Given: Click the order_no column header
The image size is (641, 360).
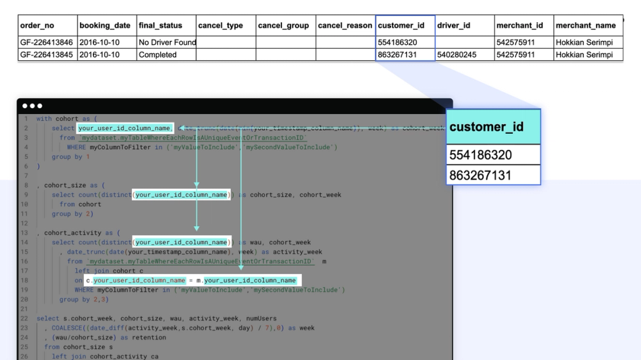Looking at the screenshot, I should pyautogui.click(x=37, y=26).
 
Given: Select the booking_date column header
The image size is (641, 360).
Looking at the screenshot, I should pyautogui.click(x=104, y=26).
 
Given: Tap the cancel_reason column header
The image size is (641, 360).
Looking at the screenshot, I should pyautogui.click(x=345, y=26).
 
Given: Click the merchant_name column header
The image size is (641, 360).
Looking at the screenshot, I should pyautogui.click(x=585, y=26).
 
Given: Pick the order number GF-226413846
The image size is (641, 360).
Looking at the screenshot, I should pyautogui.click(x=46, y=42).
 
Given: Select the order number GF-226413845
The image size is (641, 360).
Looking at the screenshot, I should pyautogui.click(x=46, y=54).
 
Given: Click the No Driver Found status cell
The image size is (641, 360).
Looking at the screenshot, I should pyautogui.click(x=167, y=42).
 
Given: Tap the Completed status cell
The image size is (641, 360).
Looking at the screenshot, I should pyautogui.click(x=158, y=54).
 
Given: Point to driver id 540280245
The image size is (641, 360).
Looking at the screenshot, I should pyautogui.click(x=456, y=54).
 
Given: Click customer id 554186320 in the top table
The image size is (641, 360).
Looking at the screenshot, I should pyautogui.click(x=397, y=42).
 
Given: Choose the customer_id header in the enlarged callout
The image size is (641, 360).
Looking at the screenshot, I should pyautogui.click(x=487, y=127).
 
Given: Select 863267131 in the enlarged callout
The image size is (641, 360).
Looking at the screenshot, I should pyautogui.click(x=480, y=175).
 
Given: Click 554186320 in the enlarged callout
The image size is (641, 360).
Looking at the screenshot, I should pyautogui.click(x=480, y=155).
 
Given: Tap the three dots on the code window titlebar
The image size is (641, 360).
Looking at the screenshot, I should pyautogui.click(x=31, y=106).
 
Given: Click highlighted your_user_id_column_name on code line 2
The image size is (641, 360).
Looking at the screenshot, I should pyautogui.click(x=125, y=128).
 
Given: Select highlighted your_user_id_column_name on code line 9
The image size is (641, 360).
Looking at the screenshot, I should pyautogui.click(x=181, y=195).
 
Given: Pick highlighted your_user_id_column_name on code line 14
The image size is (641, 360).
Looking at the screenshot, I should pyautogui.click(x=181, y=242).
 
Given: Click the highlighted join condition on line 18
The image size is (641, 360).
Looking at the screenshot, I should pyautogui.click(x=192, y=281).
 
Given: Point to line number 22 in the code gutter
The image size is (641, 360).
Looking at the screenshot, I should pyautogui.click(x=24, y=318).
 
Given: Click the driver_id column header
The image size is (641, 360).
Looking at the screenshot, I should pyautogui.click(x=454, y=26).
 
